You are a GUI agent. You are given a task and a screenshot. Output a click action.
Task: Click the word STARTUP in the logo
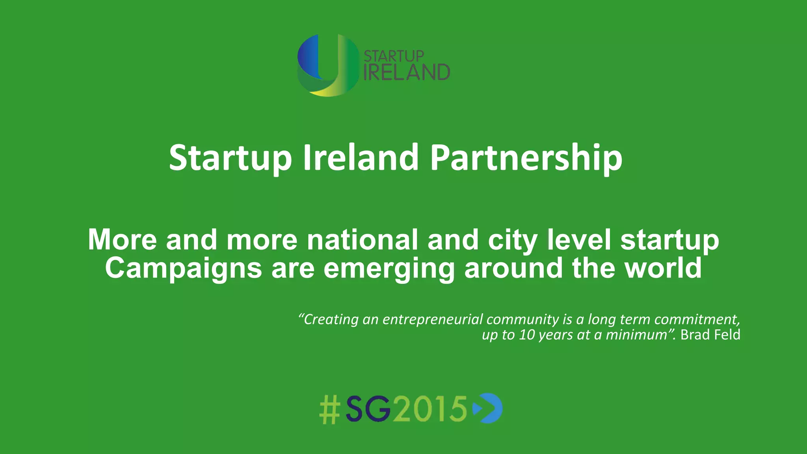pyautogui.click(x=393, y=56)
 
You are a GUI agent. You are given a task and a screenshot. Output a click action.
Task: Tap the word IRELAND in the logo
pyautogui.click(x=406, y=73)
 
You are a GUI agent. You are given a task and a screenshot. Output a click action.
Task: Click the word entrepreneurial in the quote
pyautogui.click(x=433, y=319)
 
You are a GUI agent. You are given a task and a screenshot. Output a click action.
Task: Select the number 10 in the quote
pyautogui.click(x=527, y=335)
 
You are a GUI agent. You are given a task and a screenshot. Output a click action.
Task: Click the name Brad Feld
pyautogui.click(x=710, y=335)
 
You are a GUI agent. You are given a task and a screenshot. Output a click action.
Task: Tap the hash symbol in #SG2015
pyautogui.click(x=329, y=409)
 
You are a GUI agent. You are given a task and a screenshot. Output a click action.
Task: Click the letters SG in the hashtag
pyautogui.click(x=368, y=409)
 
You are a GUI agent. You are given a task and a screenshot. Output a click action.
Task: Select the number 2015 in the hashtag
pyautogui.click(x=430, y=409)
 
